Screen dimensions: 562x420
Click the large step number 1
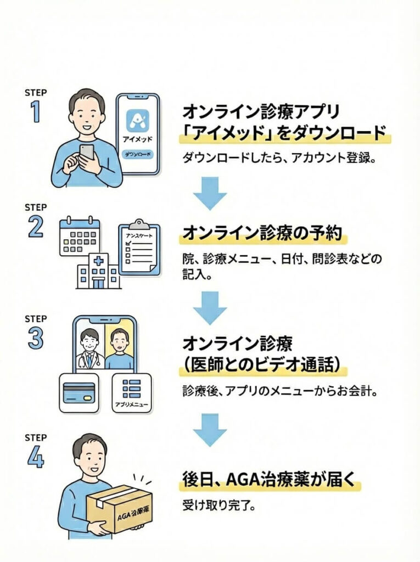click(35, 111)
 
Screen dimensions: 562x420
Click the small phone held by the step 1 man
click(87, 152)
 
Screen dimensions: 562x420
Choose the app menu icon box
click(131, 392)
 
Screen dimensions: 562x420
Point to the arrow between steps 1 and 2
click(210, 192)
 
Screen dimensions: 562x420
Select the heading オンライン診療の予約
click(261, 233)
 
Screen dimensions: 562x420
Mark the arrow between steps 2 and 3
click(210, 307)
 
